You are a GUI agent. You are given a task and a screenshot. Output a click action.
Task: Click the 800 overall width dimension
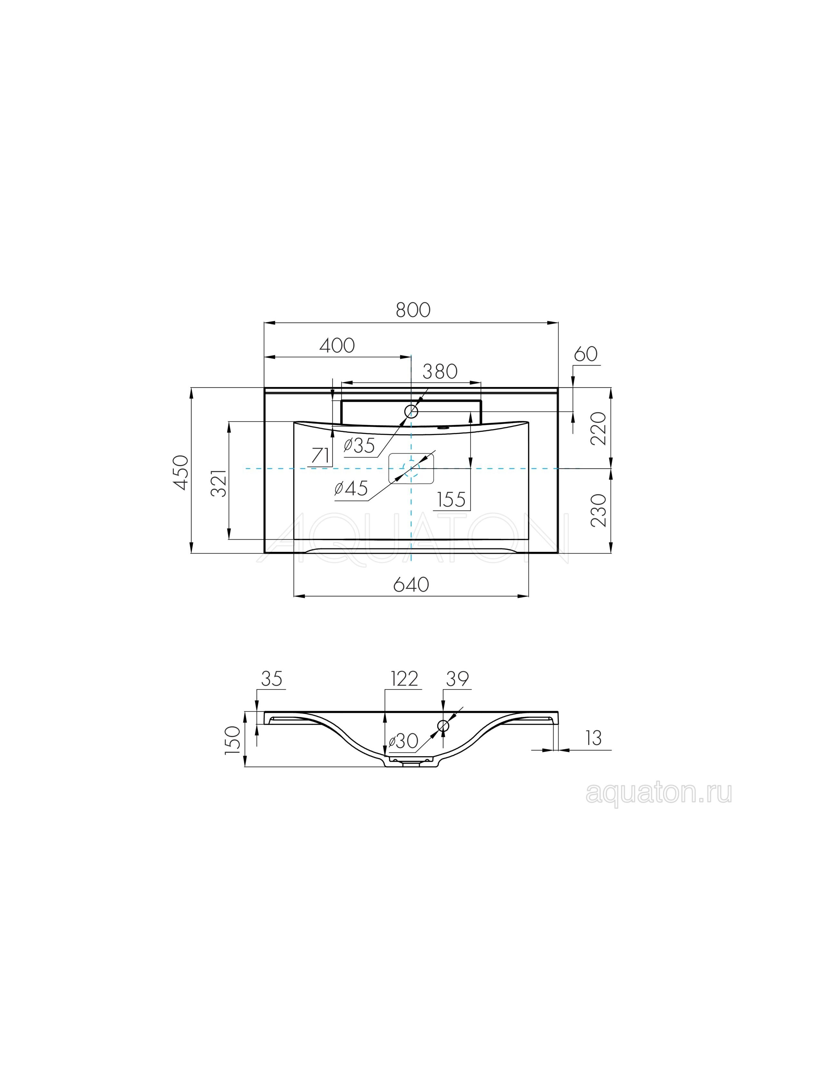413,310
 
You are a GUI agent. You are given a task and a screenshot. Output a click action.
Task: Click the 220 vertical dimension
600,429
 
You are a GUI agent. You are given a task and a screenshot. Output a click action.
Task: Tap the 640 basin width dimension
412,584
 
